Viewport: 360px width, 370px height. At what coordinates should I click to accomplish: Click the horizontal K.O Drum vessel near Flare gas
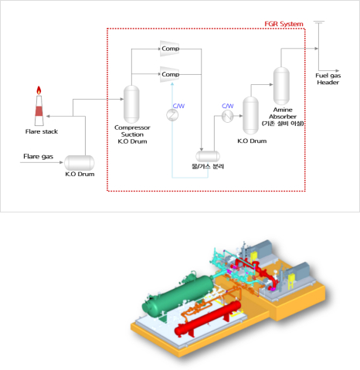pos(79,162)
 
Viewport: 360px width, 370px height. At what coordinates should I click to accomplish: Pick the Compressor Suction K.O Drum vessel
pos(131,102)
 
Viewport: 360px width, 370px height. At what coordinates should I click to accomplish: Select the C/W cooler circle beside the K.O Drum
pos(228,116)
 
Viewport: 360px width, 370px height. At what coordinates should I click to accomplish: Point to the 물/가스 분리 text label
pos(209,168)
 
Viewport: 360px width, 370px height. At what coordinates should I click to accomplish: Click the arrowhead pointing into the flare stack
pos(48,114)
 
